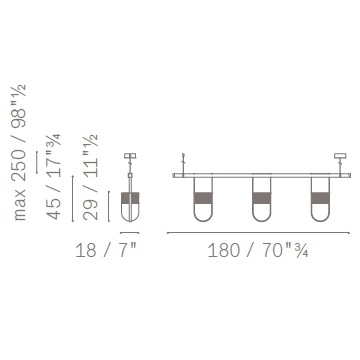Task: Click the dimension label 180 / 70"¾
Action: coord(258,250)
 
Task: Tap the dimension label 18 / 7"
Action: coord(106,250)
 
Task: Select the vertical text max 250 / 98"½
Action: coord(19,152)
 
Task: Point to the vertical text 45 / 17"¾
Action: coord(54,176)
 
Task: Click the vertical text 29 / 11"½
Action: coord(90,177)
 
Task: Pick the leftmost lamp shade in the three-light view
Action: coord(203,199)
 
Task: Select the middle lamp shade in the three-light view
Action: coord(262,199)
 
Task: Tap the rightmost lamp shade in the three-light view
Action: coord(320,199)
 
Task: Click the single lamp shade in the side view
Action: coord(130,207)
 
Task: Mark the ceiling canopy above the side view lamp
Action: coord(130,156)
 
